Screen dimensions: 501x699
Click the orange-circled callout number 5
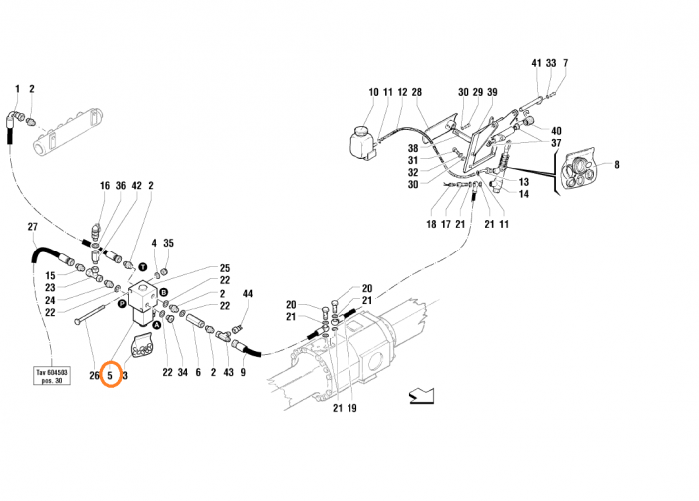[110, 376]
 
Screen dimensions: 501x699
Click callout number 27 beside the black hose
[31, 226]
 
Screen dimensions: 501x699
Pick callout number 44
[247, 294]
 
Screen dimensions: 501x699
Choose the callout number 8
[617, 164]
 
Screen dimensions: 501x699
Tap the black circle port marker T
[143, 268]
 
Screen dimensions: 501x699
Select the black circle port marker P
[122, 302]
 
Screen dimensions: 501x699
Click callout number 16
[104, 185]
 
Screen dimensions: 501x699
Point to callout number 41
[536, 62]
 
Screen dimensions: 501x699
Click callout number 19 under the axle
[351, 408]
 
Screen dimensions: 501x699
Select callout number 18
[432, 224]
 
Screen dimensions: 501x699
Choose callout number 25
[225, 268]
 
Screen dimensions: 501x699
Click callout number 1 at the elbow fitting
[17, 89]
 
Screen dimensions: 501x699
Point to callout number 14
[524, 194]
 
